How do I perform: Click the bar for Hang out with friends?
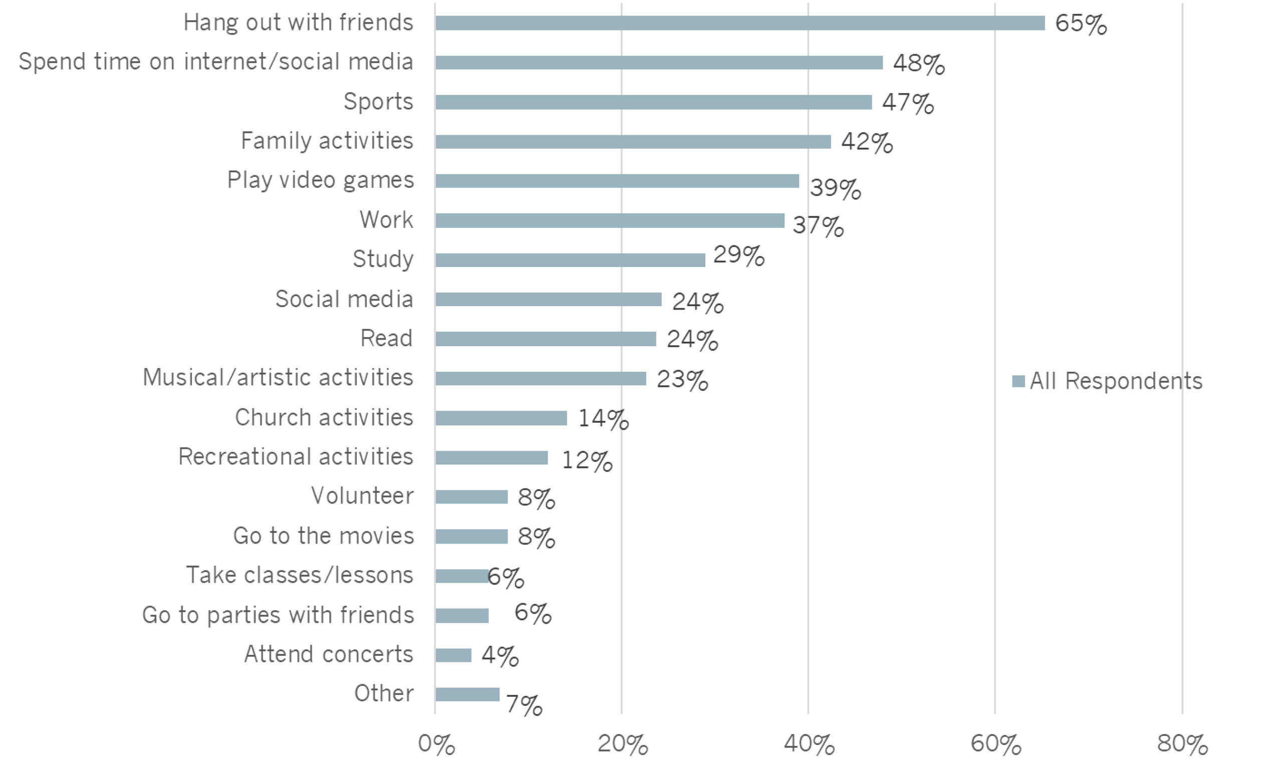(x=739, y=23)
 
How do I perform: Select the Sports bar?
(x=653, y=102)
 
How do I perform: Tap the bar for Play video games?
(x=617, y=181)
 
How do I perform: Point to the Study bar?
(x=570, y=260)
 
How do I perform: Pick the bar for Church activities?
(x=501, y=418)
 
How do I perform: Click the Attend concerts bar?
(x=453, y=655)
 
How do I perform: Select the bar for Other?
(x=467, y=694)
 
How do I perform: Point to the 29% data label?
(x=738, y=255)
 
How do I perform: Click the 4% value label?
(x=500, y=656)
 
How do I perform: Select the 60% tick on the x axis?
(x=995, y=744)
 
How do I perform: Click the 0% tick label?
(x=436, y=744)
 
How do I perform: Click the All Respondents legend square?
(x=1018, y=381)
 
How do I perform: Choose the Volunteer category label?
(x=362, y=495)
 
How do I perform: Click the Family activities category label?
(x=327, y=141)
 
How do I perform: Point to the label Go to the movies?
(x=323, y=536)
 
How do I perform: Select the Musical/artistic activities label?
(x=278, y=377)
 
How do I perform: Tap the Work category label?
(x=386, y=219)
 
